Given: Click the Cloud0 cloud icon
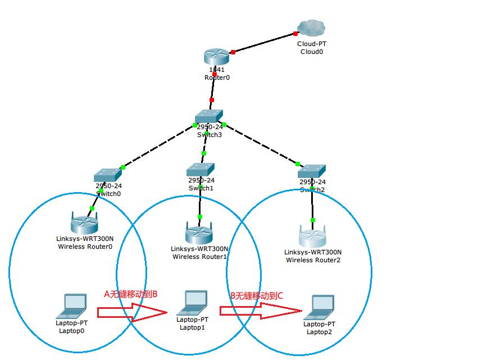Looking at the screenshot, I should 312,28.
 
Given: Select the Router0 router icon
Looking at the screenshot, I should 216,57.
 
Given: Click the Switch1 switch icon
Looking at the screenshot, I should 201,168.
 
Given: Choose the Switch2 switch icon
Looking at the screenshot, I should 312,171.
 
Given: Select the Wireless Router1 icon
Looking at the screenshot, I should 199,231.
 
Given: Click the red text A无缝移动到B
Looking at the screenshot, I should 131,294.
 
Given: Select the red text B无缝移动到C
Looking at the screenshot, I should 257,295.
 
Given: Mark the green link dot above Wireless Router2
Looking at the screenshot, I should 313,220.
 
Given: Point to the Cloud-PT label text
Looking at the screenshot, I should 311,43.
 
